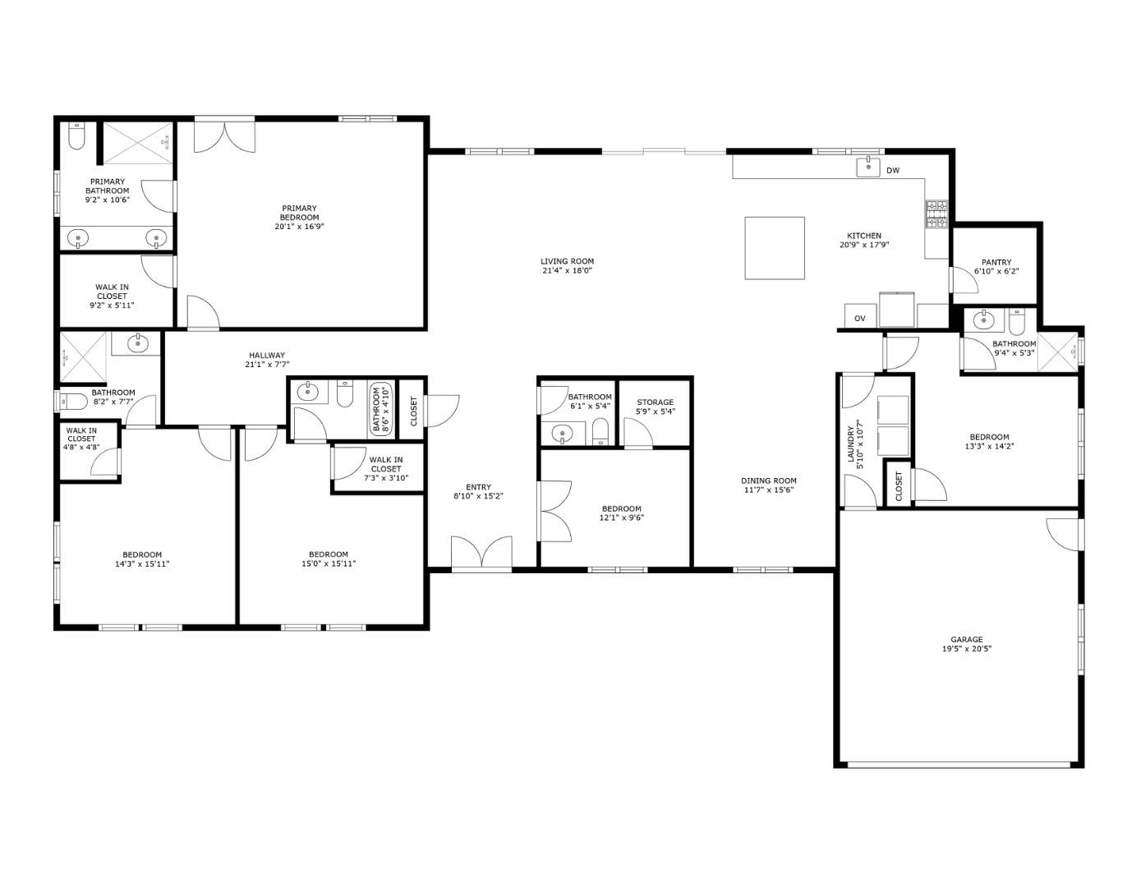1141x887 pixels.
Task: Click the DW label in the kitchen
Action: pyautogui.click(x=893, y=171)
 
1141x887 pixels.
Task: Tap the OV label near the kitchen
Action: pyautogui.click(x=860, y=319)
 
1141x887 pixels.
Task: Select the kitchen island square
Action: pyautogui.click(x=774, y=248)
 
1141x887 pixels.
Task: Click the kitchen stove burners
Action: pyautogui.click(x=936, y=214)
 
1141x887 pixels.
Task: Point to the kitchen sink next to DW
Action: pyautogui.click(x=868, y=168)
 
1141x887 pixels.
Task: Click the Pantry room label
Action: pyautogui.click(x=996, y=263)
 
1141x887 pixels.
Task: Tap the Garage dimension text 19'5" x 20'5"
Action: pyautogui.click(x=966, y=649)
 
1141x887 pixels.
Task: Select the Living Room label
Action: pyautogui.click(x=567, y=261)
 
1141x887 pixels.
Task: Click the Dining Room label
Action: pyautogui.click(x=769, y=481)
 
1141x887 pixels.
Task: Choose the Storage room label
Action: pyautogui.click(x=655, y=402)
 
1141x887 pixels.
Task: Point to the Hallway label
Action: pyautogui.click(x=267, y=356)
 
